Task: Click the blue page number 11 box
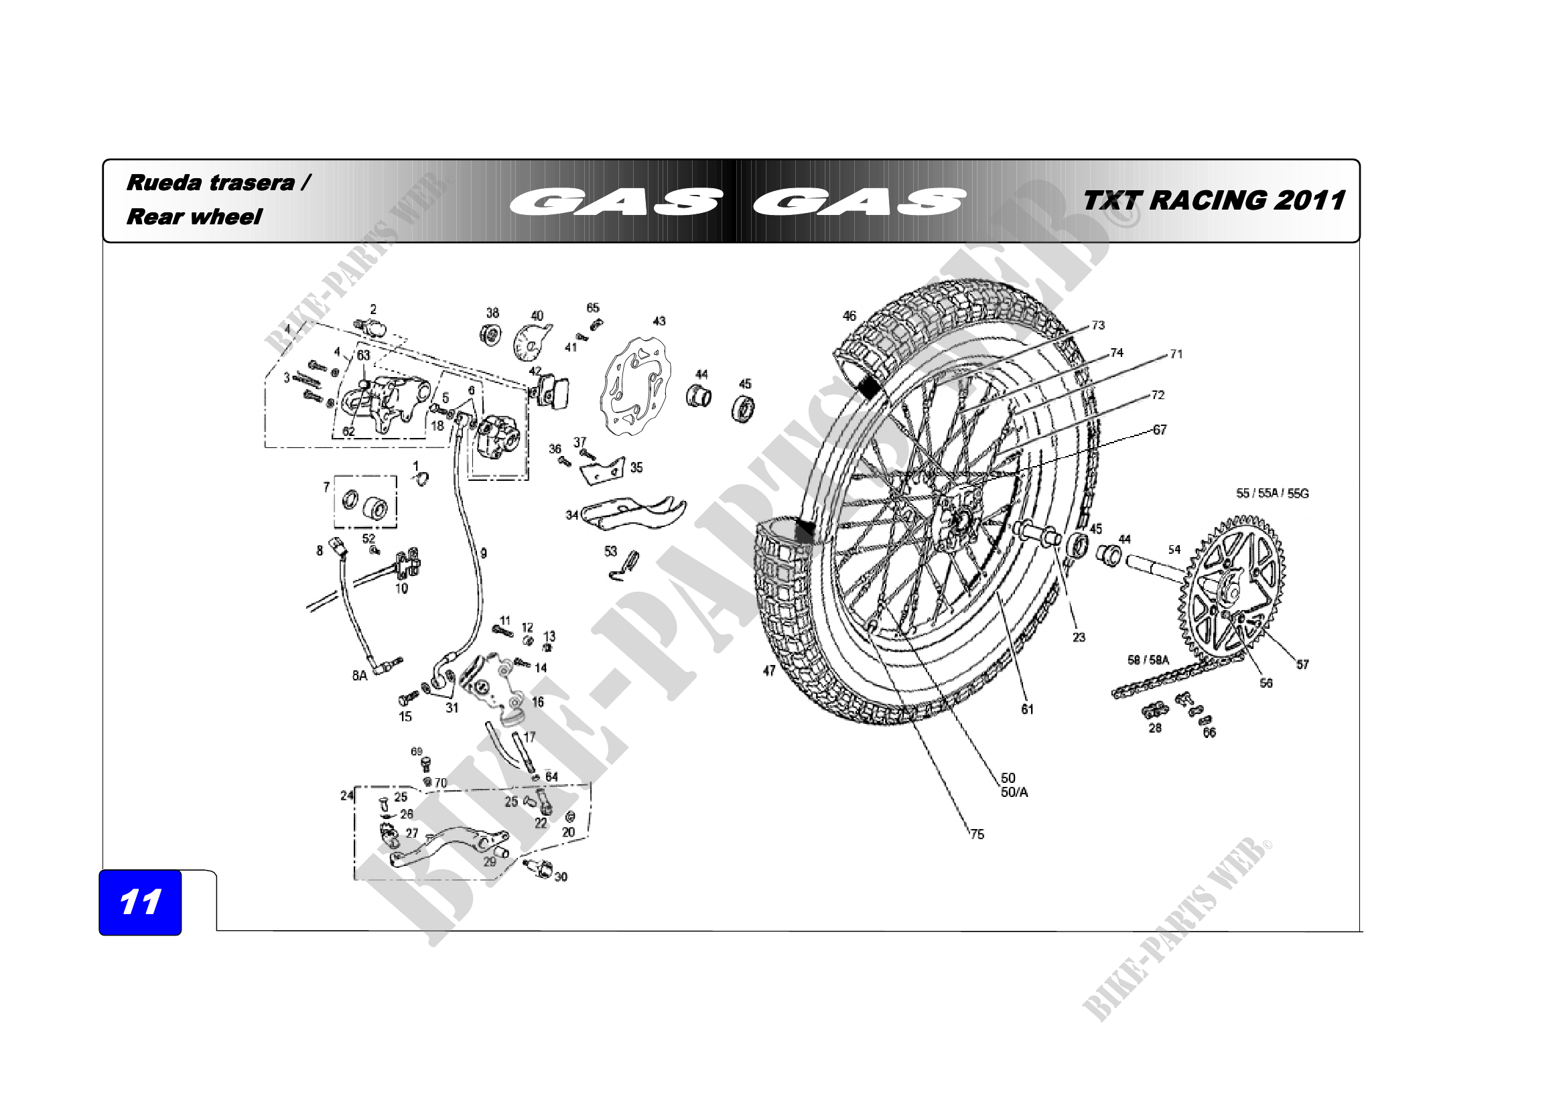[140, 902]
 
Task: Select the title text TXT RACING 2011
[1213, 200]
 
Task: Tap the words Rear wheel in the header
[194, 217]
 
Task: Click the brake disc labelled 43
[634, 386]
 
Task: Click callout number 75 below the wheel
[977, 834]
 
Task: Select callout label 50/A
[1014, 792]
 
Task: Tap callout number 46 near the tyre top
[849, 316]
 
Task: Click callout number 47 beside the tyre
[769, 670]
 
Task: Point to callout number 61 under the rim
[1027, 709]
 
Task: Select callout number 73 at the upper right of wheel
[1098, 325]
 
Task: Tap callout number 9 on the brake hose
[483, 553]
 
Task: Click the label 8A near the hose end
[360, 675]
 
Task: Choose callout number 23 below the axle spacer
[1079, 637]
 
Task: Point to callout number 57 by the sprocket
[1302, 664]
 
